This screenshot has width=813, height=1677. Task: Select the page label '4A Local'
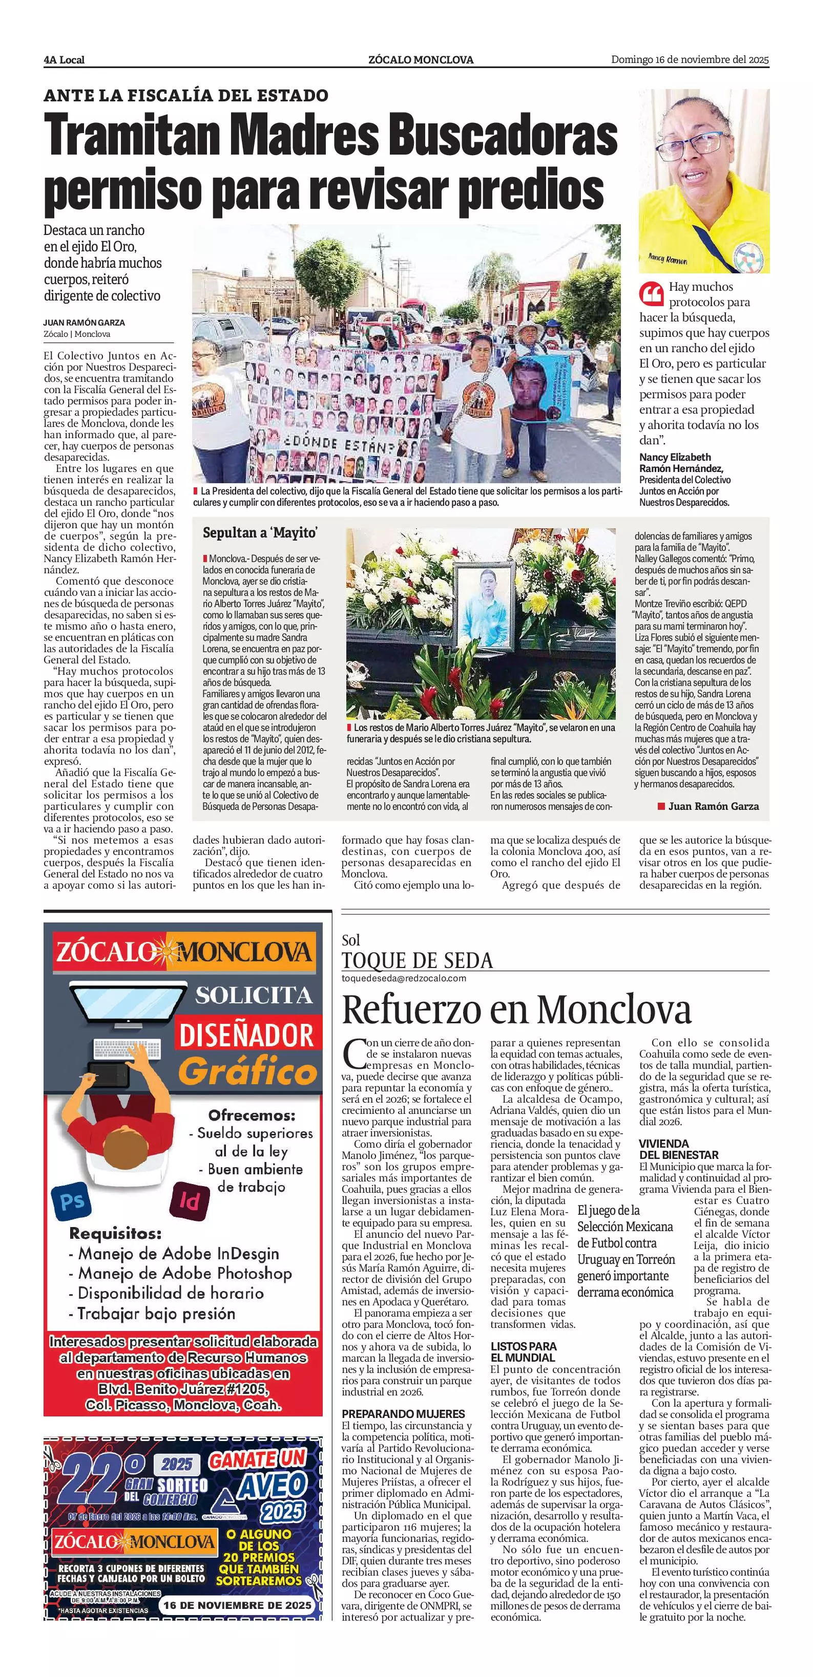click(64, 60)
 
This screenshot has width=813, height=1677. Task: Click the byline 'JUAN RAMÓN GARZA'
click(84, 322)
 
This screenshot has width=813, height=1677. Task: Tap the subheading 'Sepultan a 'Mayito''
click(259, 532)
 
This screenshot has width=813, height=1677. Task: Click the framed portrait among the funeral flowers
click(481, 606)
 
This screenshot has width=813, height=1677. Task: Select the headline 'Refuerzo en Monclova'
click(516, 1009)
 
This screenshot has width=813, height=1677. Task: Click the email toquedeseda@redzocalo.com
click(404, 978)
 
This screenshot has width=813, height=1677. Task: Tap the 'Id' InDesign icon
click(189, 1200)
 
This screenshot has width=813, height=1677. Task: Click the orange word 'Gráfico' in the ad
click(247, 1071)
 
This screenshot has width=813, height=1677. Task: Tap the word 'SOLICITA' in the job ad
click(254, 995)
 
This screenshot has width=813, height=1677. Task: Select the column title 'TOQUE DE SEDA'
click(417, 960)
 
